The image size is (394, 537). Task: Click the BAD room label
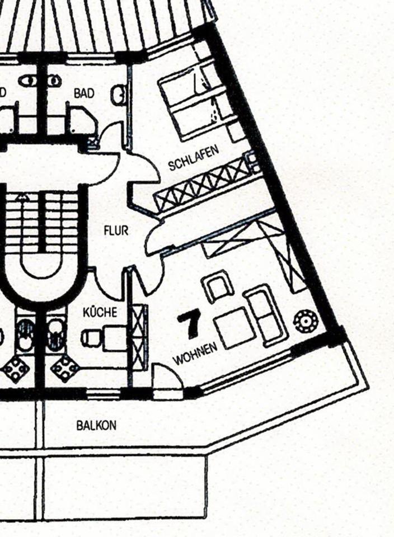(84, 93)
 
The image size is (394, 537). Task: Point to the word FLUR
(116, 230)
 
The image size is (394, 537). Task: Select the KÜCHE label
(100, 312)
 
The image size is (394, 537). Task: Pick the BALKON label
(96, 425)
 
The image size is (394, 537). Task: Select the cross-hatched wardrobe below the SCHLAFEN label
(201, 184)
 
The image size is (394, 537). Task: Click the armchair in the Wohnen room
(218, 286)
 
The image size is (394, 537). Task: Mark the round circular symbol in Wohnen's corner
(306, 321)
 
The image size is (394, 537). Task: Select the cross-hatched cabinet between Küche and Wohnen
(138, 336)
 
